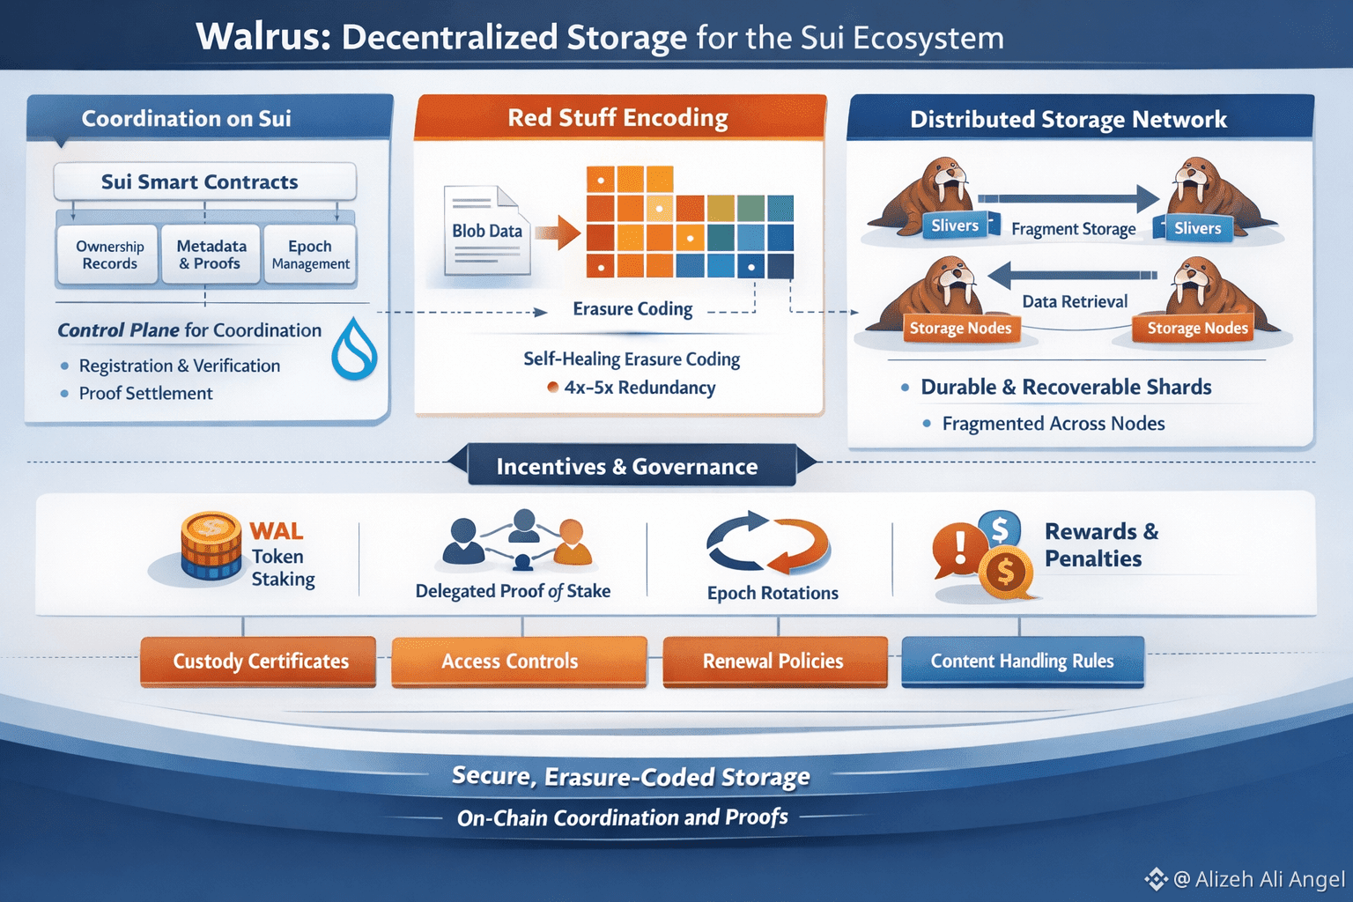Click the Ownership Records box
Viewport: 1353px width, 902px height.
[109, 255]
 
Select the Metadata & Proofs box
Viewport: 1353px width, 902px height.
[211, 255]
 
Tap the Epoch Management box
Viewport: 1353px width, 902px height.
[310, 255]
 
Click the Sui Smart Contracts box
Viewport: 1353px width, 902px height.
[204, 182]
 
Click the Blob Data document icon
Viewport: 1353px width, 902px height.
[487, 231]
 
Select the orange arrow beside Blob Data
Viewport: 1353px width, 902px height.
[557, 233]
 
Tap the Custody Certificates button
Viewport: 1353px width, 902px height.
[258, 662]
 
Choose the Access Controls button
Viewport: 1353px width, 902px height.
[519, 662]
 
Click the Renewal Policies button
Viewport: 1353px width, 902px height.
[774, 662]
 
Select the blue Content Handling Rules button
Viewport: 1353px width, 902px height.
[1023, 662]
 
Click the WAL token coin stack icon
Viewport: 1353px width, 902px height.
[211, 546]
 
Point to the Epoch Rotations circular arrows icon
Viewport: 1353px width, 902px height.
[769, 543]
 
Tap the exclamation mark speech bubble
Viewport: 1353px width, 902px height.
[958, 549]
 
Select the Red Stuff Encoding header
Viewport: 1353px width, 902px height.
[619, 118]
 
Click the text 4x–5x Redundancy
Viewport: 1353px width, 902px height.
[639, 388]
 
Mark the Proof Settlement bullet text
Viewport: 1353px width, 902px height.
[145, 394]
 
